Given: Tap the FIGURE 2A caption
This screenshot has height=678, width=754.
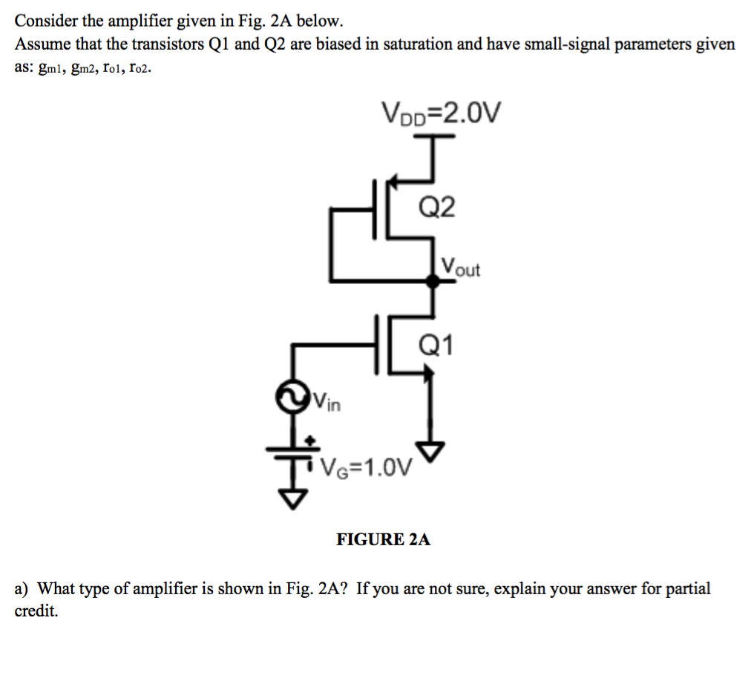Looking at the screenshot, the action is [x=383, y=539].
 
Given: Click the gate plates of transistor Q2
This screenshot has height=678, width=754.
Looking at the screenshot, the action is [x=380, y=211].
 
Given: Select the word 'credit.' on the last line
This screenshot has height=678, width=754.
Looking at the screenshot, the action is [x=36, y=613].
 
